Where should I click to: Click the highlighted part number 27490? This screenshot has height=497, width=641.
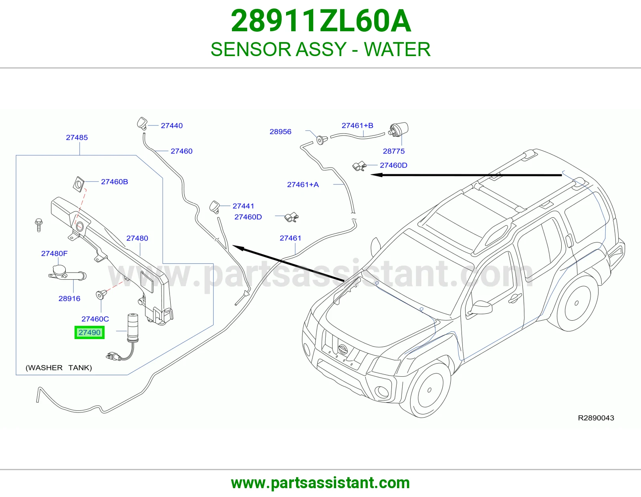[x=89, y=332]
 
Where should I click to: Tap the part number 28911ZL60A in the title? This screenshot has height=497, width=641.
[x=320, y=21]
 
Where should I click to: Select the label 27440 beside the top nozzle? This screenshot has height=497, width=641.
[x=172, y=125]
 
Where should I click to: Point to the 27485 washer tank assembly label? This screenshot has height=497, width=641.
[x=77, y=137]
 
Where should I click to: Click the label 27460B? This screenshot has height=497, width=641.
[x=115, y=182]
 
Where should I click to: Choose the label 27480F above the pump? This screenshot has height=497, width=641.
[x=54, y=253]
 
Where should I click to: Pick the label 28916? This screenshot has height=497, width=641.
[x=69, y=298]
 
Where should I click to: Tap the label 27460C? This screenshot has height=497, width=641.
[x=95, y=319]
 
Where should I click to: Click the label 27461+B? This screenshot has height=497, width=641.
[x=357, y=125]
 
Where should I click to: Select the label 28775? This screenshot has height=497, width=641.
[x=394, y=151]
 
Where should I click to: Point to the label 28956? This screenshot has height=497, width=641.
[x=280, y=131]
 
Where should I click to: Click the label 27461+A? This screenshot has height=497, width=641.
[x=303, y=184]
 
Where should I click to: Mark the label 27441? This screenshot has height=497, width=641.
[x=243, y=206]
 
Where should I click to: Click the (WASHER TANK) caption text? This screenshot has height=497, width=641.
[x=59, y=368]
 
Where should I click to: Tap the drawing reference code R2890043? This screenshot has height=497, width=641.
[x=596, y=418]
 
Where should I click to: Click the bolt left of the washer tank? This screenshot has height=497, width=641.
[x=38, y=225]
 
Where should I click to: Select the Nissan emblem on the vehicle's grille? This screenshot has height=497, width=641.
[x=343, y=349]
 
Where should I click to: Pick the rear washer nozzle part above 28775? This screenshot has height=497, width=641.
[x=399, y=130]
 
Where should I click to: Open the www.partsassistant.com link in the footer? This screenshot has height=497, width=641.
[x=320, y=483]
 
